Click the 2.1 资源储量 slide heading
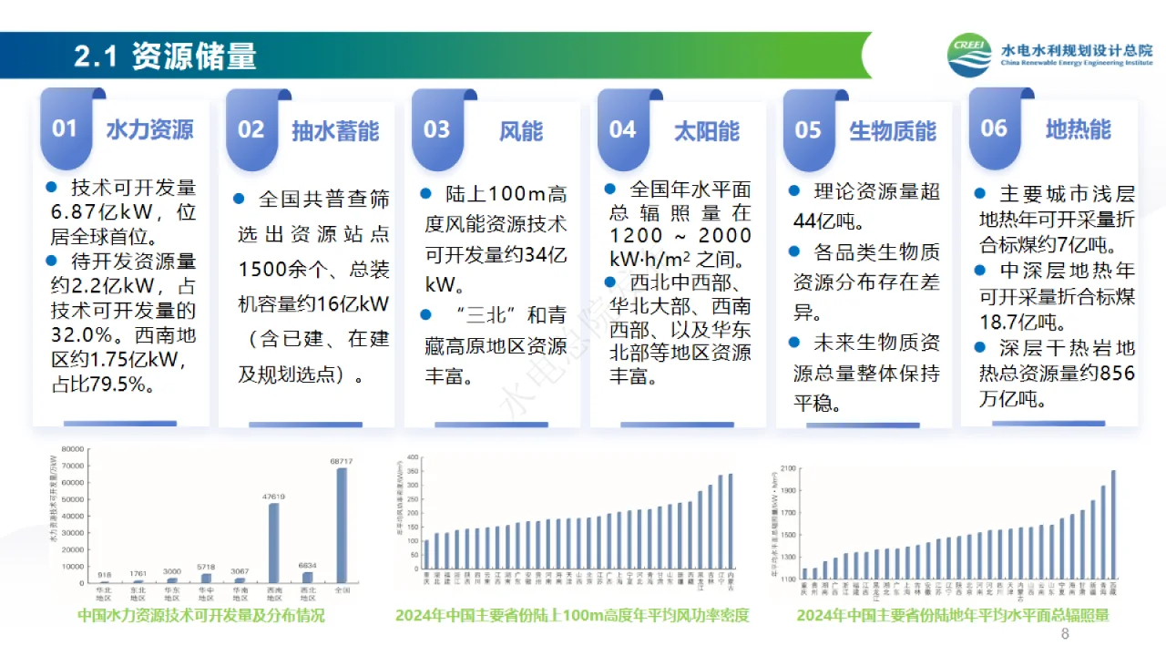pyautogui.click(x=165, y=56)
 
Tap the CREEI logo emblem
pyautogui.click(x=969, y=56)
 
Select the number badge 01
pyautogui.click(x=65, y=128)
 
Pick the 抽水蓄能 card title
pyautogui.click(x=334, y=130)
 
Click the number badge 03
pyautogui.click(x=437, y=129)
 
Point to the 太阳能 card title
pyautogui.click(x=706, y=130)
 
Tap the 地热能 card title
pyautogui.click(x=1078, y=129)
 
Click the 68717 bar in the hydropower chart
pyautogui.click(x=342, y=525)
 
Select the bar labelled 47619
pyautogui.click(x=273, y=542)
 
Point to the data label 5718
pyautogui.click(x=206, y=567)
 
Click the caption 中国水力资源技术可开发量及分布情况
pyautogui.click(x=201, y=616)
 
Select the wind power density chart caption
pyautogui.click(x=572, y=616)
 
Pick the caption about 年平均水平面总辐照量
pyautogui.click(x=953, y=616)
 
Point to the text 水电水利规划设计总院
pyautogui.click(x=1076, y=50)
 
